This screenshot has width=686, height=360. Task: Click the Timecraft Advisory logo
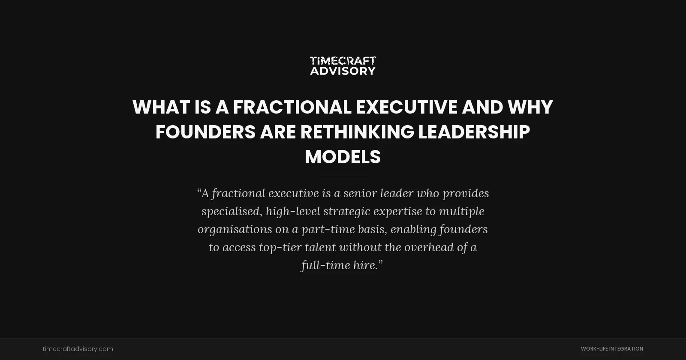click(343, 66)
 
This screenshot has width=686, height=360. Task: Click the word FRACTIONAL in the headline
click(292, 107)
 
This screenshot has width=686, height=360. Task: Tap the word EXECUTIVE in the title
click(406, 107)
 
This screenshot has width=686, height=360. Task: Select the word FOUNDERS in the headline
click(205, 132)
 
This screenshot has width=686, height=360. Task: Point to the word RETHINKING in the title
click(357, 132)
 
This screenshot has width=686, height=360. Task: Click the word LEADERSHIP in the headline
click(474, 132)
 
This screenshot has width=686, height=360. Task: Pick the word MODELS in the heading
click(343, 157)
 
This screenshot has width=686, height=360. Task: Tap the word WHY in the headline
click(530, 107)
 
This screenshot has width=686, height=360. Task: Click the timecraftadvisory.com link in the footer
click(78, 349)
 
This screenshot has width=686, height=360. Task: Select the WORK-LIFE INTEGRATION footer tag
click(612, 349)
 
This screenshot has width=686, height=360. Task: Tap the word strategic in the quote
click(346, 211)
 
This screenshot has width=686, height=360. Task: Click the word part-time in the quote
click(328, 229)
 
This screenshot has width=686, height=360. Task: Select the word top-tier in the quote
click(280, 247)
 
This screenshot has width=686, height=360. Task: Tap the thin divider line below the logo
click(343, 83)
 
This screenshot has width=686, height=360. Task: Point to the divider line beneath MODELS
click(343, 176)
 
